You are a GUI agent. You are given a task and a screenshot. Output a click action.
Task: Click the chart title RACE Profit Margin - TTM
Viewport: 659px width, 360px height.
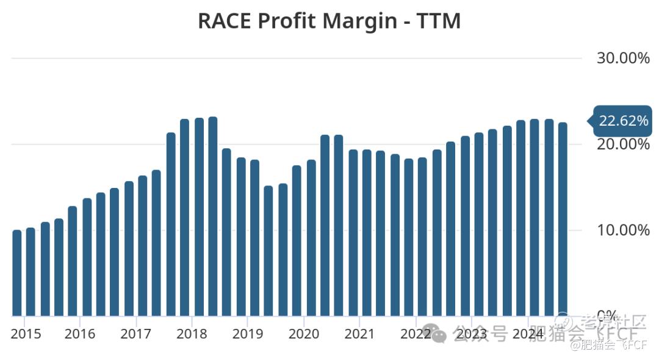coord(329,21)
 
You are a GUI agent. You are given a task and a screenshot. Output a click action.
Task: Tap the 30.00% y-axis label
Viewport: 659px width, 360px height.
coord(622,59)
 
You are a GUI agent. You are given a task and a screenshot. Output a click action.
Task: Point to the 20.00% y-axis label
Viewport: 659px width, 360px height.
coord(622,145)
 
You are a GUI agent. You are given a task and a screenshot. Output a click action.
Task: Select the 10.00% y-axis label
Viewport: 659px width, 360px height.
coord(622,231)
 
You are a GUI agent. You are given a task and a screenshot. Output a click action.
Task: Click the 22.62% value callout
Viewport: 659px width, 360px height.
coord(622,121)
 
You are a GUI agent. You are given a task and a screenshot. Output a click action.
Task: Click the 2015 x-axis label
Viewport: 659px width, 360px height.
coord(26,334)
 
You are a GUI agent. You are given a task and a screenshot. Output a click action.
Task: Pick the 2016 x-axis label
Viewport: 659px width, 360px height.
coord(80,334)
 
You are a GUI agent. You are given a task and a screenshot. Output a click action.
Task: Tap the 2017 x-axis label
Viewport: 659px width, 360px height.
coord(135,334)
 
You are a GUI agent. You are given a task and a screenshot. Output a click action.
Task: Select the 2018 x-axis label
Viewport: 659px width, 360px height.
coord(192,334)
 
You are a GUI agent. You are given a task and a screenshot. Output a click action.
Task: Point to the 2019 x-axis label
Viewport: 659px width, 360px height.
coord(247,334)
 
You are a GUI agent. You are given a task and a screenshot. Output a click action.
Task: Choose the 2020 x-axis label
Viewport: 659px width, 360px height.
coord(303,334)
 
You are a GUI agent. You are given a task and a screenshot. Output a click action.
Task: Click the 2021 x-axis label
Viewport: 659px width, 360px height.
coord(359,334)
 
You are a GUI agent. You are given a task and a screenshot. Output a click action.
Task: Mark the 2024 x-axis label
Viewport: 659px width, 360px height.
coord(528,334)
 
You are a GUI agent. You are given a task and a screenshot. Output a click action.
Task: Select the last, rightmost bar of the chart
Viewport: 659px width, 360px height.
coord(563,220)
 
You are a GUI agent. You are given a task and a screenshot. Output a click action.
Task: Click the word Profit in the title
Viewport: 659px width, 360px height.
coord(288,21)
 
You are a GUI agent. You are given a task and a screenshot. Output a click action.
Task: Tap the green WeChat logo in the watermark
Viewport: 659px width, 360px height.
coord(434,333)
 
